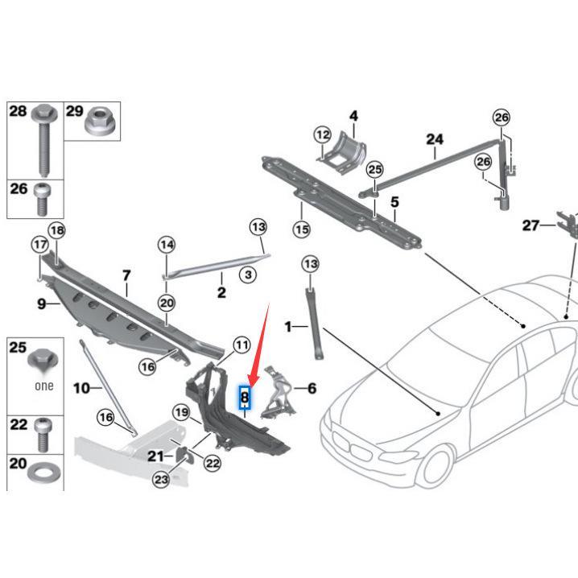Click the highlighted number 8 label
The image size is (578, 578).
click(245, 396)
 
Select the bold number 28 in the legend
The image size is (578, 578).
click(18, 112)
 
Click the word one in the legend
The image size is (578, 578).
click(44, 386)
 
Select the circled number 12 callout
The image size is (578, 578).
click(323, 134)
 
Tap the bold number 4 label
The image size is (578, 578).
click(353, 117)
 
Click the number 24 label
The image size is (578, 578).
click(435, 139)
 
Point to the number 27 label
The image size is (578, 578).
click(530, 226)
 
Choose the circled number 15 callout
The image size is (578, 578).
click(301, 229)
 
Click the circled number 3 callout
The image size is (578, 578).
click(249, 275)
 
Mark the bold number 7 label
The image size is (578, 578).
click(126, 276)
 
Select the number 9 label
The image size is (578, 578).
click(42, 304)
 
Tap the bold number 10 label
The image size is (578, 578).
click(82, 388)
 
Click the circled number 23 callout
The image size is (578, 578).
click(161, 480)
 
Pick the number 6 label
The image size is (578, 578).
click(311, 389)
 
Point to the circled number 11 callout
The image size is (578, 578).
click(242, 345)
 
